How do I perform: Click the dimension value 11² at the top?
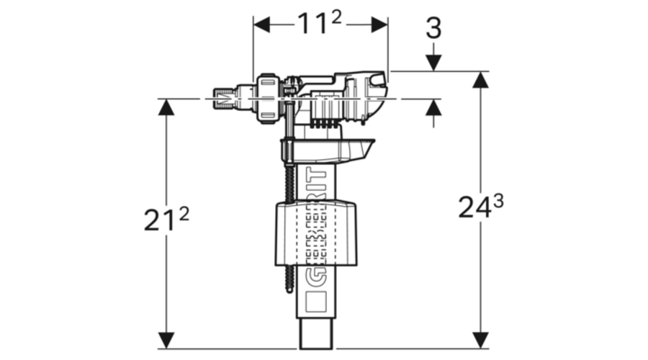(320, 24)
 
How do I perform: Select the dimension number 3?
(433, 28)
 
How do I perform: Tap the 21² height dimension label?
(166, 220)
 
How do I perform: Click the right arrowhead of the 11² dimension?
(379, 25)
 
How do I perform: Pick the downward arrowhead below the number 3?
(433, 63)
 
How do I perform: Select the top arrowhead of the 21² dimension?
(166, 107)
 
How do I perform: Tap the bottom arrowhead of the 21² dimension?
(166, 341)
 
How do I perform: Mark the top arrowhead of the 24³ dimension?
(480, 80)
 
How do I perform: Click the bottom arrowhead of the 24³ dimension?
(480, 341)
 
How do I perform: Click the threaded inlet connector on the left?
(229, 97)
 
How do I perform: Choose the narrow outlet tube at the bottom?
(317, 336)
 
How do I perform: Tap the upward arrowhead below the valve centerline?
(433, 107)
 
